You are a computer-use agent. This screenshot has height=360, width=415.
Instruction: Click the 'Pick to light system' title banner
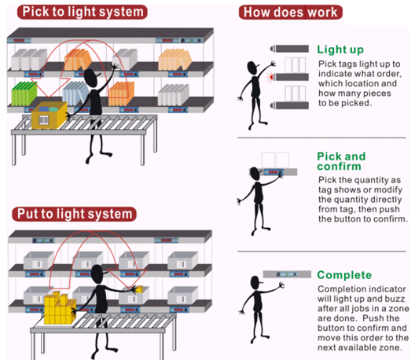click(x=82, y=12)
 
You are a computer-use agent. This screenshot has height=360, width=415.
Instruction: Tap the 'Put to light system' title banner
click(x=75, y=214)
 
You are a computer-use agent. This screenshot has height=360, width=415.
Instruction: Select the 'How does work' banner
click(x=291, y=12)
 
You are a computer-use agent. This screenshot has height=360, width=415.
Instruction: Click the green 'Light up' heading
click(x=340, y=50)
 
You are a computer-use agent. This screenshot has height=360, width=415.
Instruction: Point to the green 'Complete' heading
click(x=344, y=275)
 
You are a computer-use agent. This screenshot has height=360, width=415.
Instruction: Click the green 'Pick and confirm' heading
click(x=341, y=161)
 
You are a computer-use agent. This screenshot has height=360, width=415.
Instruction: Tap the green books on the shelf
click(x=24, y=94)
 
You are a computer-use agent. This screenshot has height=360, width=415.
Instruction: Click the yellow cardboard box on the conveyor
click(x=50, y=115)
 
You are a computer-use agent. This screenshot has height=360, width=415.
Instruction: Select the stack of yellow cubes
click(x=60, y=308)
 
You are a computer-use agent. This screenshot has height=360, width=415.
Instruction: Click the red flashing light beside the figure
click(x=270, y=77)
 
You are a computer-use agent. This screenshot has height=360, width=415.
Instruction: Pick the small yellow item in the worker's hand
click(x=139, y=289)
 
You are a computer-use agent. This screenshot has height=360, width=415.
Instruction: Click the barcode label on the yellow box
click(x=44, y=120)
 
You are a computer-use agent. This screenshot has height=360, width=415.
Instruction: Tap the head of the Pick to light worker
click(x=91, y=78)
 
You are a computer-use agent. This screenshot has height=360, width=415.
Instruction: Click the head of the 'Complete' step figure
click(x=255, y=282)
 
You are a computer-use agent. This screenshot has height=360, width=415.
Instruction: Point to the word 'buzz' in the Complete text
click(x=395, y=299)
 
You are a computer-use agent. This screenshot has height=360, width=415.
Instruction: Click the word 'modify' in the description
click(x=389, y=190)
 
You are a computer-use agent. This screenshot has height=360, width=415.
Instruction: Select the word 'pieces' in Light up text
click(x=377, y=94)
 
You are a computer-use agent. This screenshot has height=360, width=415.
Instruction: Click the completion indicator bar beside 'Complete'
click(x=287, y=274)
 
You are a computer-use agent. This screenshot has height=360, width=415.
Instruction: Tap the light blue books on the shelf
click(x=76, y=94)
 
